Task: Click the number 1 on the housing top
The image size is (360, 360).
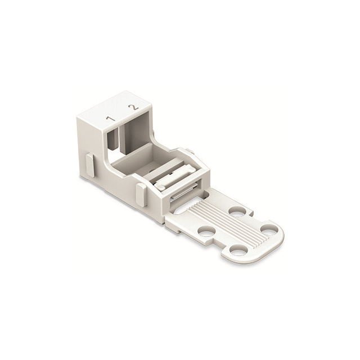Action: tap(111, 119)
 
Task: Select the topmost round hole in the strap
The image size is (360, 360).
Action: tap(236, 211)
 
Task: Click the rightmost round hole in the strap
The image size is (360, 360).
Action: tap(269, 229)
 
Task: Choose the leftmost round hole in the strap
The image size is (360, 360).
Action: tap(207, 231)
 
